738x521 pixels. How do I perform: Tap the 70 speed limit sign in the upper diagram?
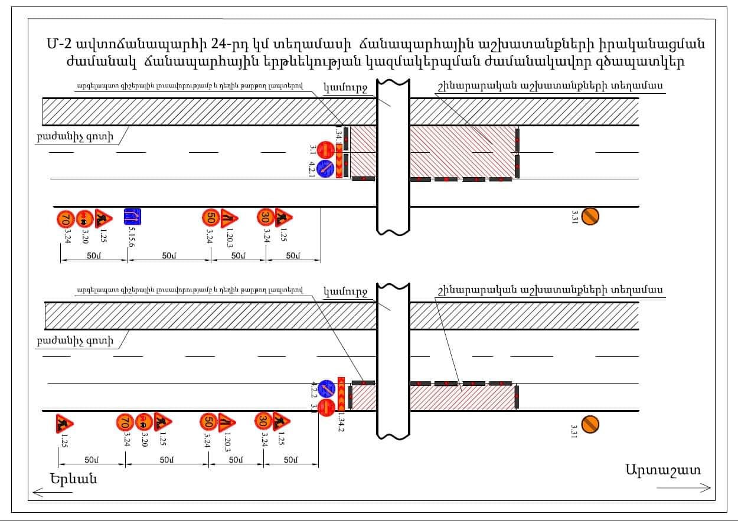pyautogui.click(x=65, y=219)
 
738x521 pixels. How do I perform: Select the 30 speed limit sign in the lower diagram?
pyautogui.click(x=263, y=421)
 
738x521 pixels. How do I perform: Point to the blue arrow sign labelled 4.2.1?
pyautogui.click(x=325, y=169)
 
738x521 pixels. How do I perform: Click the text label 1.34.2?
pyautogui.click(x=341, y=423)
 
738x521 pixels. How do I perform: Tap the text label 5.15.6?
pyautogui.click(x=131, y=237)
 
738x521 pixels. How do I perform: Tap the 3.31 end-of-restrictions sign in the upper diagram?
pyautogui.click(x=590, y=216)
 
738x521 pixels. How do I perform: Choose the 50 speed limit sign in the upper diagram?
pyautogui.click(x=210, y=218)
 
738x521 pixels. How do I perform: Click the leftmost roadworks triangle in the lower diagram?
pyautogui.click(x=64, y=423)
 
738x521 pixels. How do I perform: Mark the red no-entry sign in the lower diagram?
pyautogui.click(x=326, y=407)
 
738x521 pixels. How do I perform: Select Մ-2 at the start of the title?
pyautogui.click(x=60, y=45)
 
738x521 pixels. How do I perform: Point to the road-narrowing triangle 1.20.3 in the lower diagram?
pyautogui.click(x=227, y=422)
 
